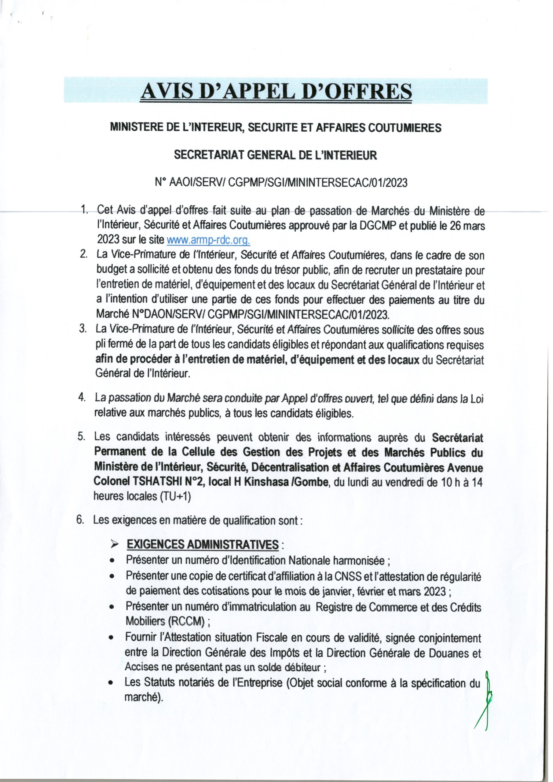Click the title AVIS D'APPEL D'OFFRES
point(276,91)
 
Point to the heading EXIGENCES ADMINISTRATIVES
point(203,545)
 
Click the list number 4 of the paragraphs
point(82,398)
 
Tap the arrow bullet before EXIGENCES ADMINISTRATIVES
point(114,545)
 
